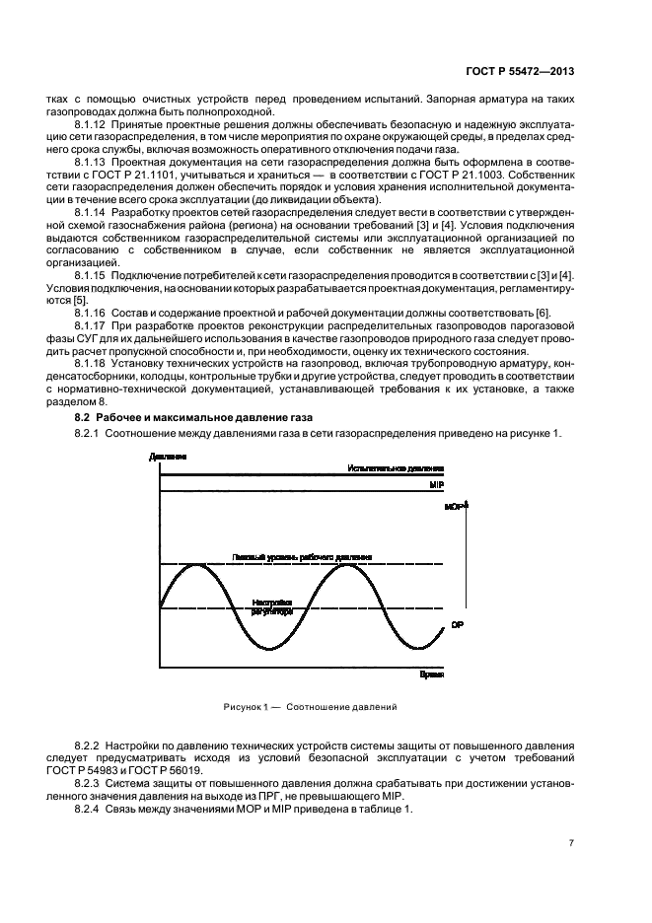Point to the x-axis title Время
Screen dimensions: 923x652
(431, 675)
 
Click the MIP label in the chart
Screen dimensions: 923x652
(436, 486)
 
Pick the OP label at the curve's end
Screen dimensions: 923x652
(457, 625)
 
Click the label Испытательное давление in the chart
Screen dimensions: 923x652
(396, 468)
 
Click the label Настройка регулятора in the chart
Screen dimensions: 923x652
(272, 606)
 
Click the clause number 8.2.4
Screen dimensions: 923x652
(92, 810)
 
